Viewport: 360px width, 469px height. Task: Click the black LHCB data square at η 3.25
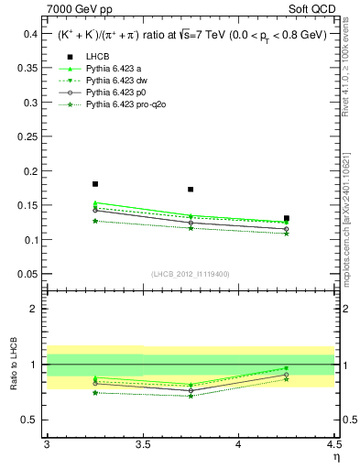point(95,184)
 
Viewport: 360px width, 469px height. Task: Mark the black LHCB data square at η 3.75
point(191,190)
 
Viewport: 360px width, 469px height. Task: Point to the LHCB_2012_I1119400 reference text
point(191,275)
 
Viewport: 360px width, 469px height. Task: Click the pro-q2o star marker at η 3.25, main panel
point(95,221)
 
